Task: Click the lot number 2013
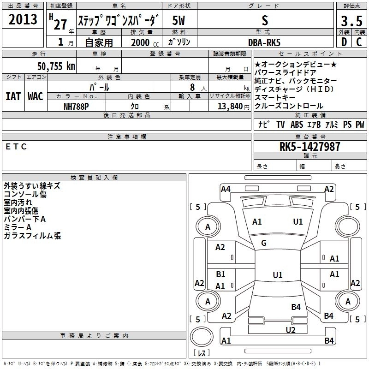point(23,19)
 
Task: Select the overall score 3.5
point(351,21)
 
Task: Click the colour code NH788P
point(76,106)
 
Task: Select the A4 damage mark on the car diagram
point(226,189)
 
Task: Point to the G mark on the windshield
point(264,243)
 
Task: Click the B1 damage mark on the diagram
point(220,274)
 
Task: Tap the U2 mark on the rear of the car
point(290,330)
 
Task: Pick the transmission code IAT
point(12,96)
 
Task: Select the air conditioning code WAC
point(35,96)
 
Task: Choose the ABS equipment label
point(297,125)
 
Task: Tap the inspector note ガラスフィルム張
point(32,236)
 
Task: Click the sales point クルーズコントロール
point(289,106)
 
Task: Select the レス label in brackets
point(201,354)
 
